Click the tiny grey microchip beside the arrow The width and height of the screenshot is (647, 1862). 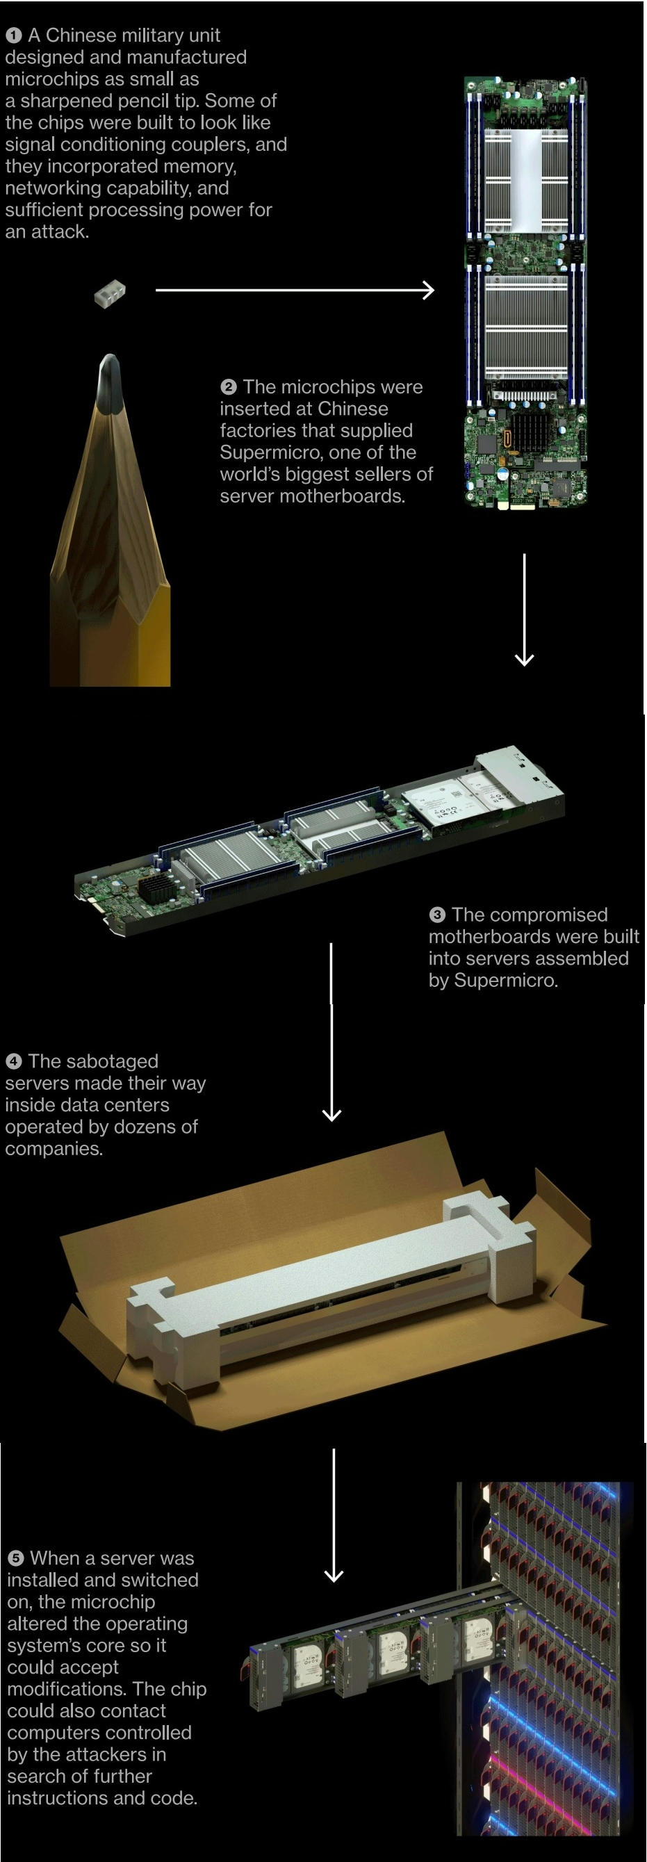(110, 294)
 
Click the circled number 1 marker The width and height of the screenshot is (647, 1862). (13, 35)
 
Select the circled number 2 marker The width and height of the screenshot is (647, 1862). (229, 387)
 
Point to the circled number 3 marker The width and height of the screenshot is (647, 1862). (436, 915)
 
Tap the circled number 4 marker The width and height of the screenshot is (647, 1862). (13, 1062)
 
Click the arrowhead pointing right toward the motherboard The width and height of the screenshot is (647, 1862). (429, 291)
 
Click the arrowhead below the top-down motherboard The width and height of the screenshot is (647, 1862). (524, 658)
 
